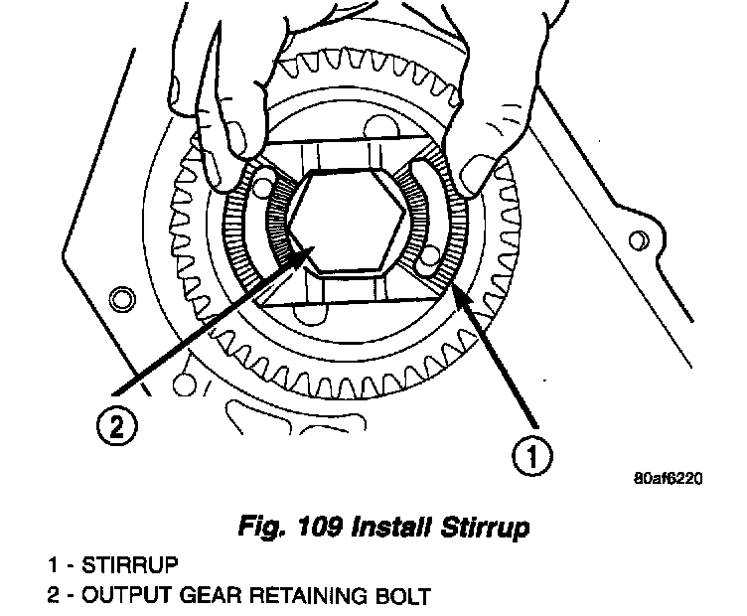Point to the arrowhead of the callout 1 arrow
454,287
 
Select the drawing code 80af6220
668,479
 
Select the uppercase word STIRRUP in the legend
131,566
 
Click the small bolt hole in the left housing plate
120,297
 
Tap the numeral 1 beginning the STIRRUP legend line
52,566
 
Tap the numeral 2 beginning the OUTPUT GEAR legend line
53,597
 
